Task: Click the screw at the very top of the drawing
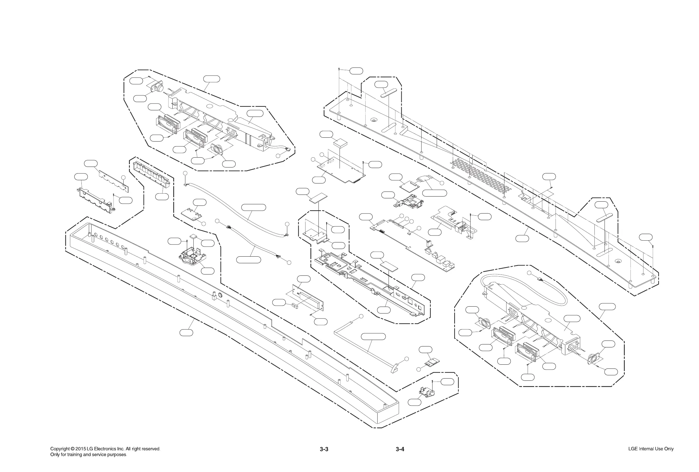point(339,70)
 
